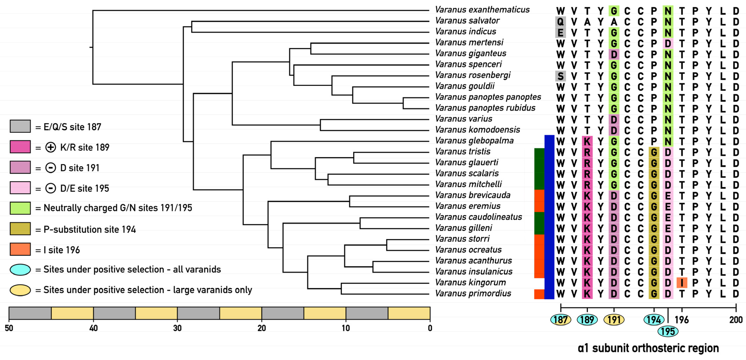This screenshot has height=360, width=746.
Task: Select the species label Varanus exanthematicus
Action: coord(482,10)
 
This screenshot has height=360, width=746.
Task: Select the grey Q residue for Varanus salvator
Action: coord(560,22)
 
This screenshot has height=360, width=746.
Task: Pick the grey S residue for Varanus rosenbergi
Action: coord(560,76)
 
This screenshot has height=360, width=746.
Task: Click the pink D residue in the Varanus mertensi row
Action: coord(668,44)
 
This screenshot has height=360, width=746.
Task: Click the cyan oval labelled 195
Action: coord(668,331)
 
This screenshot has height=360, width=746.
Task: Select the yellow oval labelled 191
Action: coord(614,320)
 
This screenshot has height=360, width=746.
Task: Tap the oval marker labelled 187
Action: coord(561,320)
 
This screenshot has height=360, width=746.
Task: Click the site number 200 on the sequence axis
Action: coord(736,320)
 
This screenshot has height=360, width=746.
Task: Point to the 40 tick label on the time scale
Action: coord(93,328)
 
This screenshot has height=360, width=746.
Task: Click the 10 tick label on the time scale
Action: coord(346,328)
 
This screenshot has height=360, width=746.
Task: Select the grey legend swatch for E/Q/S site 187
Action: coord(20,126)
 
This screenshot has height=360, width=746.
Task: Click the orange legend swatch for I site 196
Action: coord(20,249)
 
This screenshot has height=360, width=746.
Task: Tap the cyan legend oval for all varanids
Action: coord(20,269)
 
